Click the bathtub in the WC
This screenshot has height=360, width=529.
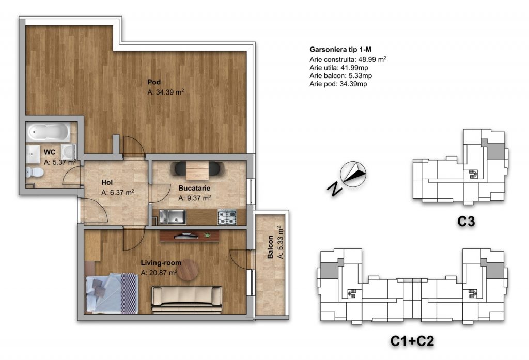[49, 132]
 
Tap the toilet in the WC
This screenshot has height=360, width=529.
[35, 172]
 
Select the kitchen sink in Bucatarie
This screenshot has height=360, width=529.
[173, 217]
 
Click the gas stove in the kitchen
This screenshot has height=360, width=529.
[227, 217]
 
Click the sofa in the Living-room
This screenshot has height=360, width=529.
[186, 300]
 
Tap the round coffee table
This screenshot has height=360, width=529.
[188, 270]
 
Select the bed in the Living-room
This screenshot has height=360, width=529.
[112, 293]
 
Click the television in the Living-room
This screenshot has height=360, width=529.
[186, 236]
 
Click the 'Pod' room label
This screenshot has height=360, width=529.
[154, 82]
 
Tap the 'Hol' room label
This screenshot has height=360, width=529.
[107, 182]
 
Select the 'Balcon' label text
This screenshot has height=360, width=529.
[270, 247]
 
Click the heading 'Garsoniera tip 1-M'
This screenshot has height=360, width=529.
[340, 50]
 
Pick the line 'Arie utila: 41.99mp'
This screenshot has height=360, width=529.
[339, 68]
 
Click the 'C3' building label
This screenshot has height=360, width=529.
[466, 222]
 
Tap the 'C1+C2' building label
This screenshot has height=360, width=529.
[412, 341]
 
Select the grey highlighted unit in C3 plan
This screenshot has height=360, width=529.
[494, 149]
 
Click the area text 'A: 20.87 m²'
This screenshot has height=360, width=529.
[159, 272]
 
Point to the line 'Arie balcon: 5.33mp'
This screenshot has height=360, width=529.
[341, 76]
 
